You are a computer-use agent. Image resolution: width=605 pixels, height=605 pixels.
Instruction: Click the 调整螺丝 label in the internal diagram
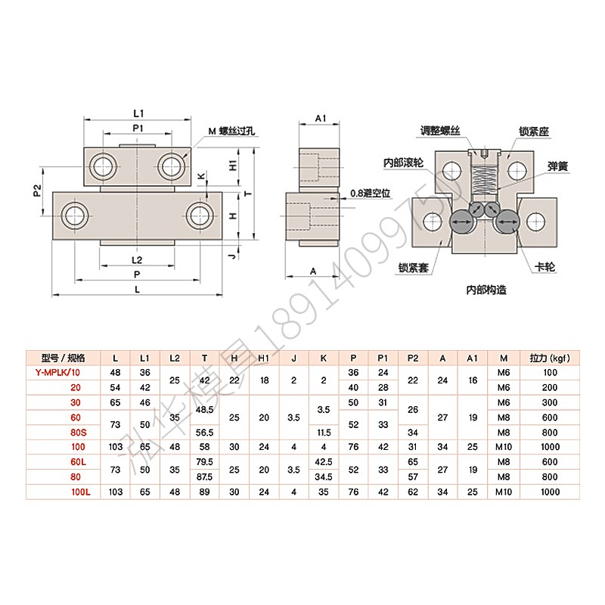tap(442, 129)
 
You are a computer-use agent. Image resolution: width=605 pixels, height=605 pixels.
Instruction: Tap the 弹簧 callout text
tap(557, 165)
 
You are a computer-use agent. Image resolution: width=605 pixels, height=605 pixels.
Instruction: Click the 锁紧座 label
tap(534, 130)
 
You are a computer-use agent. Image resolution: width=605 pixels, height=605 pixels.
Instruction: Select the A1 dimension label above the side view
tap(320, 119)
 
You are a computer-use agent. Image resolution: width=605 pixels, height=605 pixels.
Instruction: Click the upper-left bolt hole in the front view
tap(101, 166)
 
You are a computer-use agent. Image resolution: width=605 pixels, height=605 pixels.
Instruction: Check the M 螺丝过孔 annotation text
tap(233, 132)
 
